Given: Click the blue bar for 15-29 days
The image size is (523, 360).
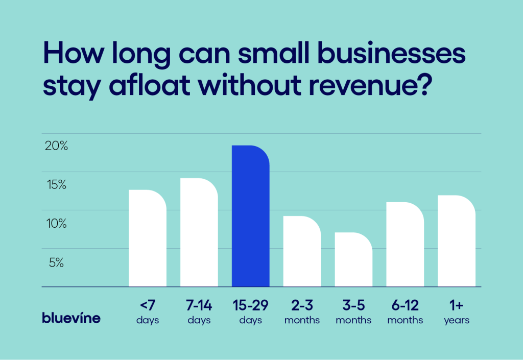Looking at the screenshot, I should click(250, 217).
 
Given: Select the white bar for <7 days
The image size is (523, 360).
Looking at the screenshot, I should click(148, 238).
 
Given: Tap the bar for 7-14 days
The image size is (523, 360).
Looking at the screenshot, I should click(199, 233).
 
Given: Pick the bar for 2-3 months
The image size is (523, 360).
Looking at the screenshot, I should click(302, 252).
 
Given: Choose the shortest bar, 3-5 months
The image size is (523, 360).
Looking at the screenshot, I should click(353, 260).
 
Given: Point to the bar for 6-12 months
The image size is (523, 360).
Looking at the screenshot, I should click(405, 245).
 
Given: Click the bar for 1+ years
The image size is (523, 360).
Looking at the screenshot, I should click(457, 242).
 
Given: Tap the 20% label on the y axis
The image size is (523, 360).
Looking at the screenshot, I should click(56, 146).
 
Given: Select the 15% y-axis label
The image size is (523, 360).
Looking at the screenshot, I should click(56, 185).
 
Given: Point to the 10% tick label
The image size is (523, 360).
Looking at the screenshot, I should click(56, 224).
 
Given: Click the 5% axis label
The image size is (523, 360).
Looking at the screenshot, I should click(56, 263).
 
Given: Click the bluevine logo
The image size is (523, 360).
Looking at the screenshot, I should click(71, 318).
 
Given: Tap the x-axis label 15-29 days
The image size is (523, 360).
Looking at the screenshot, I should click(250, 312).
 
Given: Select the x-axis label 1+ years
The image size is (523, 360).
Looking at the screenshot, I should click(457, 312).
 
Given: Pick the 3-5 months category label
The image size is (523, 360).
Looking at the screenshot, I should click(353, 312).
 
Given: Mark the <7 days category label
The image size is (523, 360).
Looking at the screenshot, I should click(148, 312).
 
